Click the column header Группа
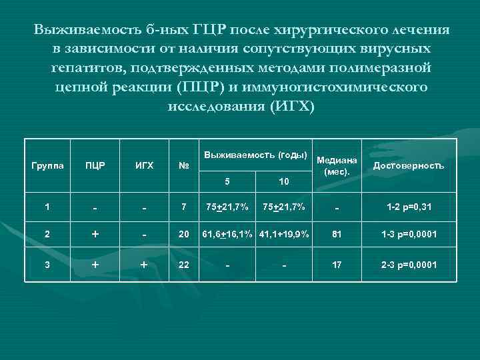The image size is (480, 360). pyautogui.click(x=49, y=166)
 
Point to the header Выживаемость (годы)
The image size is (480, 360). pyautogui.click(x=255, y=155)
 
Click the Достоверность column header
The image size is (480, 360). pyautogui.click(x=408, y=166)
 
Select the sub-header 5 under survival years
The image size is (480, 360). pyautogui.click(x=227, y=181)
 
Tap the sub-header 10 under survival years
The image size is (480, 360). pyautogui.click(x=283, y=181)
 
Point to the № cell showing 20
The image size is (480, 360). pyautogui.click(x=183, y=235)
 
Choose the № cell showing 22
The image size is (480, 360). pyautogui.click(x=183, y=265)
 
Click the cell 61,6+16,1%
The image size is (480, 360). pyautogui.click(x=227, y=235)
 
